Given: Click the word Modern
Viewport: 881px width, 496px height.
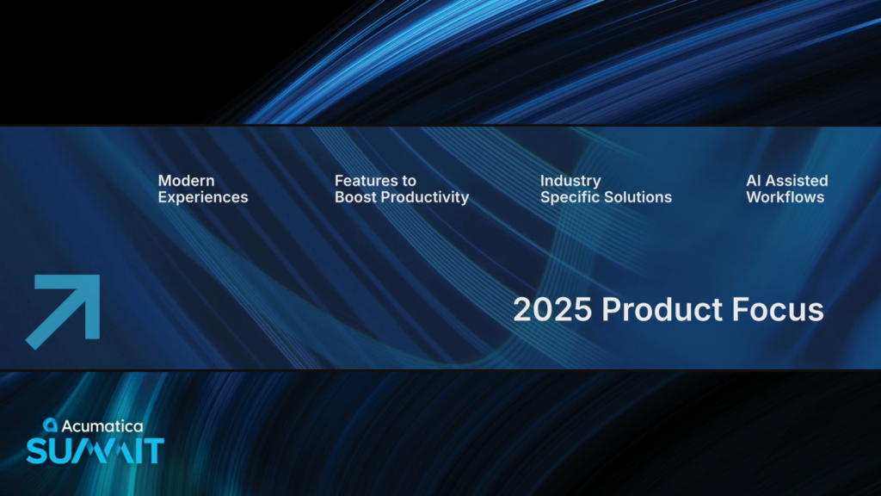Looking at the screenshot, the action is [x=186, y=181].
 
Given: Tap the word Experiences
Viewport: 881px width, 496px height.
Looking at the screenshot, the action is [x=203, y=197].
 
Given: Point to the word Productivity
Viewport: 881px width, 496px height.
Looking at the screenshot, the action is [x=425, y=197].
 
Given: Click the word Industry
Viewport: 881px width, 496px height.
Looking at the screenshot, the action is [x=570, y=181].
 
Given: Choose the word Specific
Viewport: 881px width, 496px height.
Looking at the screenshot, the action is [x=570, y=197].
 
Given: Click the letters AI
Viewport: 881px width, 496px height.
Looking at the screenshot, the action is [x=753, y=181].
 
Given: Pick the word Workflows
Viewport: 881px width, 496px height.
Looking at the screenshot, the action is [x=785, y=197].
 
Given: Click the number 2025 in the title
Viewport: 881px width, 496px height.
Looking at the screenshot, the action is [x=552, y=309].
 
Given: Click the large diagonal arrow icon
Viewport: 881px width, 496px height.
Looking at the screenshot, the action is [x=63, y=312].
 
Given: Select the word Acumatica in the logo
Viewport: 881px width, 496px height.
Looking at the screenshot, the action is [x=102, y=426].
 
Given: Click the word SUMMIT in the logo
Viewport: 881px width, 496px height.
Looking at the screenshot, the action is [x=95, y=451].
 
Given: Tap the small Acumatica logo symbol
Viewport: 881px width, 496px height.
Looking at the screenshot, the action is [x=51, y=425].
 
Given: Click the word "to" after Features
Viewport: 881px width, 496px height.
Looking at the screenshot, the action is [x=410, y=181].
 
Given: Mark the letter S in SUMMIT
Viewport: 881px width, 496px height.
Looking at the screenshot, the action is [x=36, y=451].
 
